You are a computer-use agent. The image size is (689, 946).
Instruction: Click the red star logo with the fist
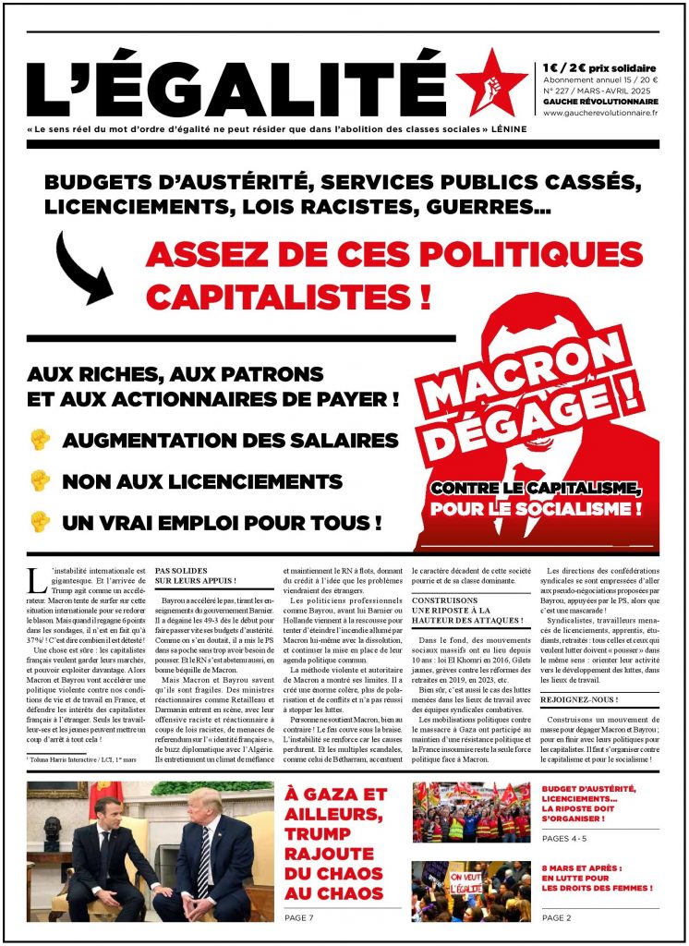[x=491, y=82]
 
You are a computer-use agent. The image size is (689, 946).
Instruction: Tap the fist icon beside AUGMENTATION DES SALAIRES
[x=40, y=441]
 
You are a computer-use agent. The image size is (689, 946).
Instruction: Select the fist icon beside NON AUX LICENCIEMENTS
[x=40, y=481]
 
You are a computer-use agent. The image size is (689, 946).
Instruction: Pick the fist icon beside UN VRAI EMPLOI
[x=40, y=522]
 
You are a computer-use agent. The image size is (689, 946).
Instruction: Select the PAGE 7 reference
[x=301, y=917]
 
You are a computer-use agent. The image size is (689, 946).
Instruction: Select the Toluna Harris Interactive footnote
[x=82, y=759]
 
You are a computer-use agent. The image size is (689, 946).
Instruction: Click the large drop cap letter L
[x=37, y=580]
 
